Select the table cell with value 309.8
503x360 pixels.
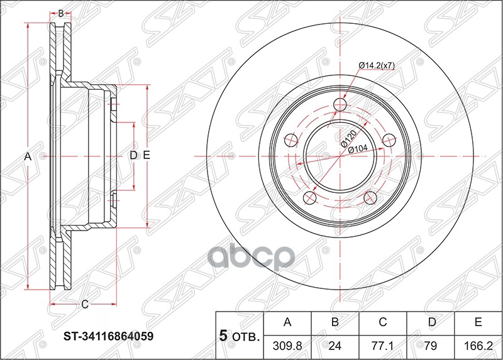click(288, 346)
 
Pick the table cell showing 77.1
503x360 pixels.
click(383, 346)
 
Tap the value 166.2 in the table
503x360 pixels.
click(478, 346)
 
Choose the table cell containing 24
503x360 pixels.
click(335, 346)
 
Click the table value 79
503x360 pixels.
click(431, 346)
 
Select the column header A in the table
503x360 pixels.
click(288, 323)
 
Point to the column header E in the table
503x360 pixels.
click(478, 323)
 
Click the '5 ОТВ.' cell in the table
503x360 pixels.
click(240, 335)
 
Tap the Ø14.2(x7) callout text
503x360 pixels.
click(377, 65)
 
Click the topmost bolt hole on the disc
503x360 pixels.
click(340, 104)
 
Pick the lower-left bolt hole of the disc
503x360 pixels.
click(309, 199)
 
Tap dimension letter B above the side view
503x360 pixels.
click(61, 13)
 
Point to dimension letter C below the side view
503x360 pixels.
click(84, 305)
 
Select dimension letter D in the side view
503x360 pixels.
click(133, 155)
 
